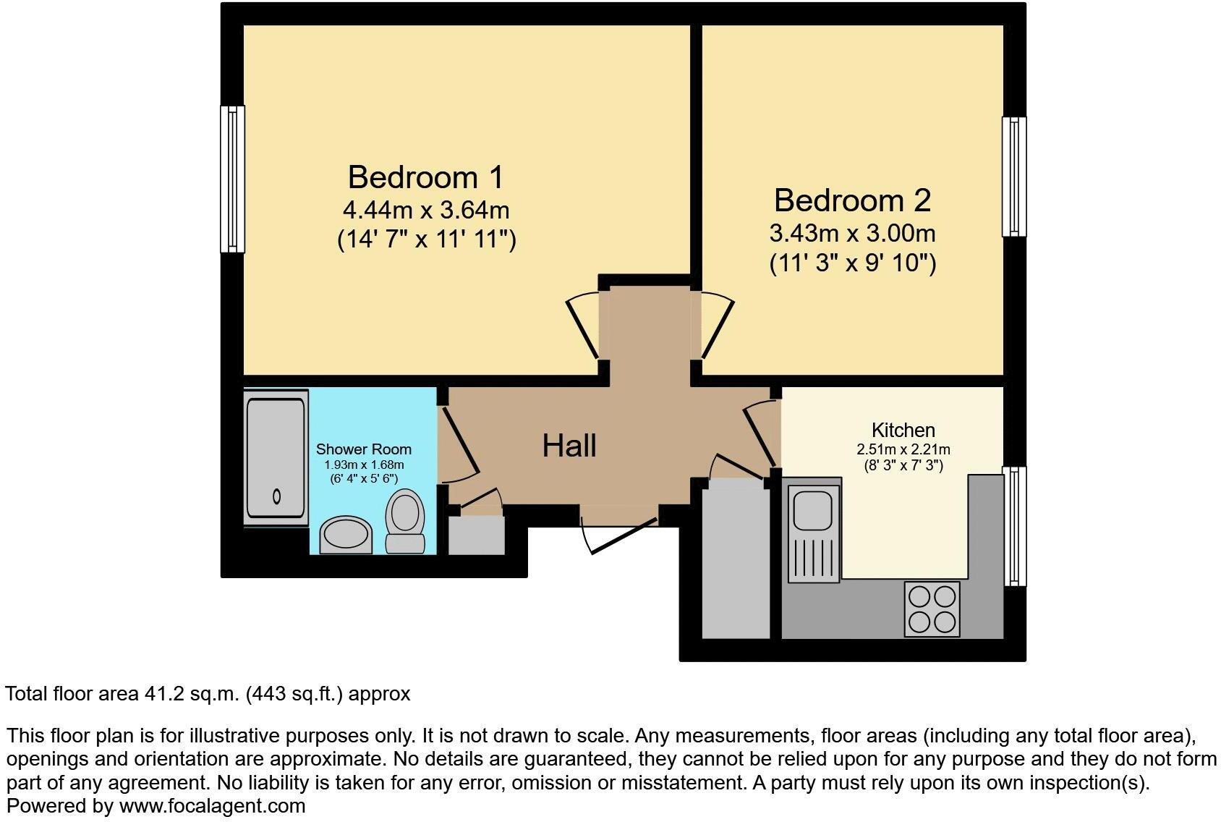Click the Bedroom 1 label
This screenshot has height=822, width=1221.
[x=425, y=177]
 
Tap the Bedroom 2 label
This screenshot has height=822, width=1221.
[x=852, y=200]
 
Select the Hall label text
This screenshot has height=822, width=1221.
[x=569, y=446]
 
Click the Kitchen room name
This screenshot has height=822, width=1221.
[x=903, y=431]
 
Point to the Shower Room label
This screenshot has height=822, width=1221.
[x=363, y=450]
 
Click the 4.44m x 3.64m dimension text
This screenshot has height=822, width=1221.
[x=425, y=211]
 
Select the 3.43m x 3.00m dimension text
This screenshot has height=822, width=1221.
[x=852, y=234]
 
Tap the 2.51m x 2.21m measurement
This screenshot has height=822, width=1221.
[x=903, y=449]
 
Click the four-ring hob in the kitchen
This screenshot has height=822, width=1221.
[x=932, y=609]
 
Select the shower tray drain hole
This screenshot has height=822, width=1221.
[x=276, y=496]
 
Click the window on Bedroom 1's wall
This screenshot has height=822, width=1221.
[x=232, y=179]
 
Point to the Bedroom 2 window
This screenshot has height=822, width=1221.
[x=1013, y=177]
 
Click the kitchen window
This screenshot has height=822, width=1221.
[x=1013, y=526]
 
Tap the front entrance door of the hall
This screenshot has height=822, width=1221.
[x=621, y=533]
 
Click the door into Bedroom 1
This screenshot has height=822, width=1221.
[x=583, y=327]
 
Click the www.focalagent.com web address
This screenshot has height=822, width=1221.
[x=212, y=805]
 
